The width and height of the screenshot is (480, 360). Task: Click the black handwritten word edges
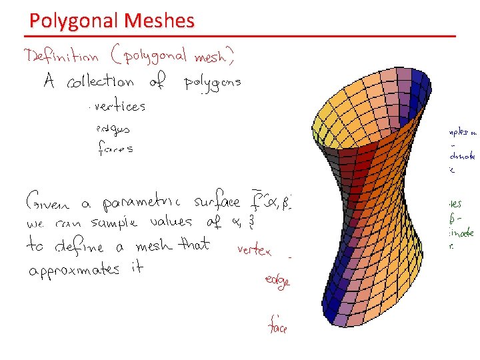click(113, 127)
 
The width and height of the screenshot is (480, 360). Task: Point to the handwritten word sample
click(119, 223)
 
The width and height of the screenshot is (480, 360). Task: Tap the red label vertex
click(254, 251)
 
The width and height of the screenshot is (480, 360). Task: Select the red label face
click(277, 326)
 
